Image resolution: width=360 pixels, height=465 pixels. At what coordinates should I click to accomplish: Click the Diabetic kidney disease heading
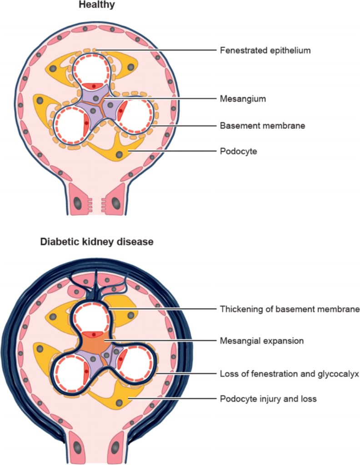coord(97,242)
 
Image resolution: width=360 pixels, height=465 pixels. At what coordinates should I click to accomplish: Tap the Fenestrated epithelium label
coord(265,50)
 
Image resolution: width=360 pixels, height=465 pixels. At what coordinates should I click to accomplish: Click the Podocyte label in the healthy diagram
coord(238,151)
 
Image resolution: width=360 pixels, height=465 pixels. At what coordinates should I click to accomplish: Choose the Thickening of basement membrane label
coord(290,309)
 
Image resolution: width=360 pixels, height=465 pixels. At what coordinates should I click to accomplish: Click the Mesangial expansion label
coord(261,340)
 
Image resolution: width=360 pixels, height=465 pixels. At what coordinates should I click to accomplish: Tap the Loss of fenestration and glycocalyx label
coord(290,374)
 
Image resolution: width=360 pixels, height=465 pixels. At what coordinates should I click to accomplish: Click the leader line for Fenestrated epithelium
coord(155,50)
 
